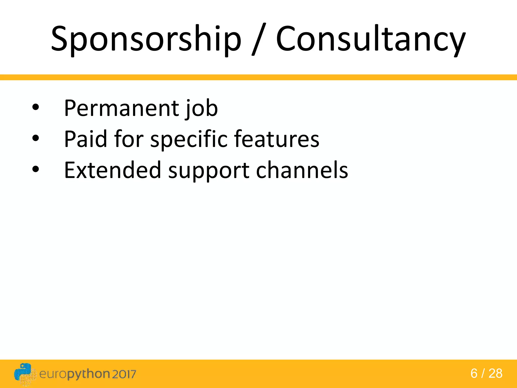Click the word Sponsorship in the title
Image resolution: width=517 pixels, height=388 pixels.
click(x=146, y=39)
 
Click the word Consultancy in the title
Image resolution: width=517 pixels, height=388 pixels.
click(x=370, y=39)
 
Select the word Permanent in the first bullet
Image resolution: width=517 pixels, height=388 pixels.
click(x=121, y=108)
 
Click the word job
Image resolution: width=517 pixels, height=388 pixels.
click(x=201, y=109)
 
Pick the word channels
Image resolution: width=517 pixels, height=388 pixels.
click(x=302, y=170)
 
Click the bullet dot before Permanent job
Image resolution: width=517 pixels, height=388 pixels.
click(x=36, y=107)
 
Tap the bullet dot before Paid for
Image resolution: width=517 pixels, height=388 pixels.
click(x=36, y=138)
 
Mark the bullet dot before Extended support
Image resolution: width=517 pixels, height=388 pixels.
click(x=36, y=169)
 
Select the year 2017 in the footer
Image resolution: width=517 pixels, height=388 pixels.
click(x=124, y=374)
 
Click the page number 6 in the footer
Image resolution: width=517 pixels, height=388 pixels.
click(x=474, y=374)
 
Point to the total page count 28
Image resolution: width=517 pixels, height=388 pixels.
click(x=495, y=374)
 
